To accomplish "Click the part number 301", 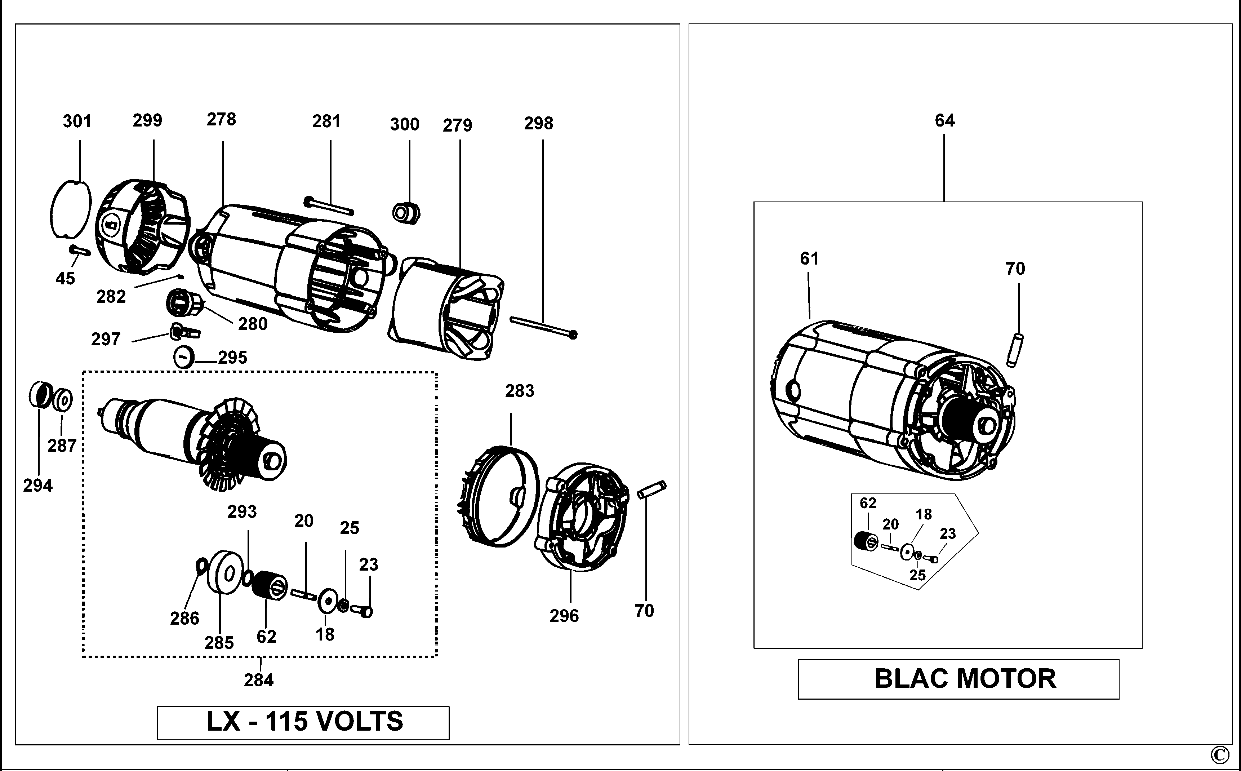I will [77, 121].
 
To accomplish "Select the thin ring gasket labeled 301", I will [53, 209].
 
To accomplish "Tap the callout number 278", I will [221, 119].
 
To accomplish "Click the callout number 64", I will [944, 120].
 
